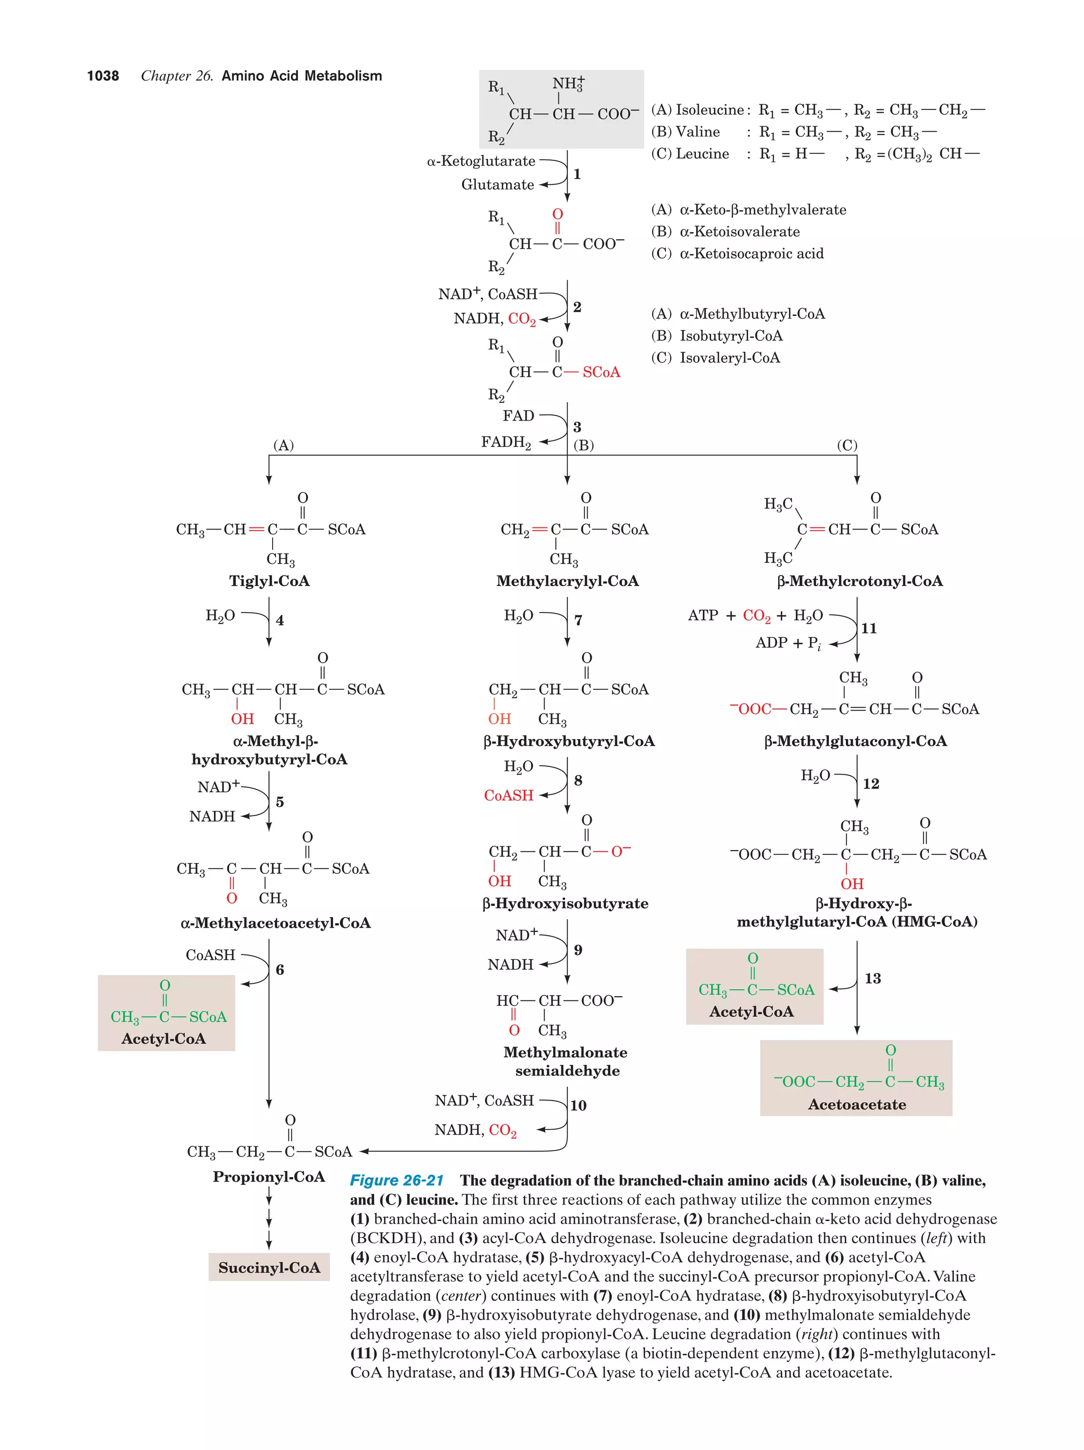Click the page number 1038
[103, 76]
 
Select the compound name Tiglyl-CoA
[269, 581]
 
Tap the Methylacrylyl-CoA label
[567, 581]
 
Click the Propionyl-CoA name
[269, 1177]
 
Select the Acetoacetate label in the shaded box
[856, 1105]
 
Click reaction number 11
[869, 628]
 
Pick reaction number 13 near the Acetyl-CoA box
[872, 979]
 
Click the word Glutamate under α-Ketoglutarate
[497, 185]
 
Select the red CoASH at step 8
[508, 795]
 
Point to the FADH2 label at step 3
[505, 442]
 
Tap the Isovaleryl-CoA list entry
[729, 358]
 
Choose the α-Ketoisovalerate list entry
[739, 231]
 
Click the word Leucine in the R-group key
[702, 154]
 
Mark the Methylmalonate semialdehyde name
[566, 1061]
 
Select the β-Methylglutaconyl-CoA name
[855, 741]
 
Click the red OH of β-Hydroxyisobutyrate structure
[499, 881]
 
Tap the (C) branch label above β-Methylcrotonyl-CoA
[846, 446]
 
